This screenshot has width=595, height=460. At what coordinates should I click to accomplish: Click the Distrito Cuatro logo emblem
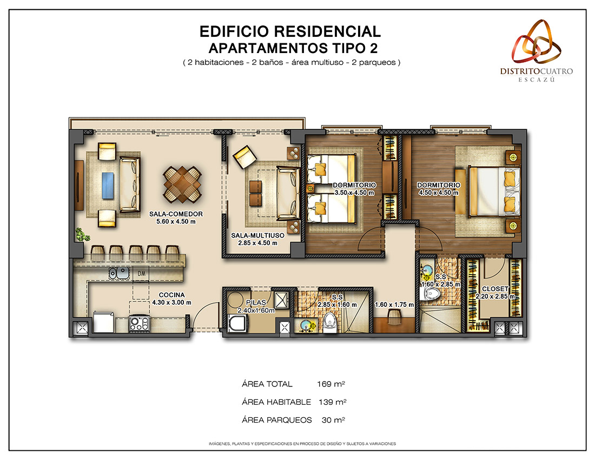(x=536, y=42)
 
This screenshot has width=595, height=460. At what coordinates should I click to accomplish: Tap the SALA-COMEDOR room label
(x=176, y=214)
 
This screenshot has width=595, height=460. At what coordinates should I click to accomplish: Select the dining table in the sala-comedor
(x=182, y=185)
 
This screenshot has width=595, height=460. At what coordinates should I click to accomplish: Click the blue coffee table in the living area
(x=108, y=185)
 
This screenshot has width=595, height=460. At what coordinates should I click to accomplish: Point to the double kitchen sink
(x=119, y=273)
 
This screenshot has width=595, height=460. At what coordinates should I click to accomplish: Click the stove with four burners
(x=139, y=324)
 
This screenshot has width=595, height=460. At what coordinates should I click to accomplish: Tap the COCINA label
(x=171, y=295)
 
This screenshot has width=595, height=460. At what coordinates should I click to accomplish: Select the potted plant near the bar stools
(x=82, y=234)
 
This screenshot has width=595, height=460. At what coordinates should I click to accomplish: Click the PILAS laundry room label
(x=256, y=303)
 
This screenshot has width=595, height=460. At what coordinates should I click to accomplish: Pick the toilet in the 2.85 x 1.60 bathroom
(x=330, y=324)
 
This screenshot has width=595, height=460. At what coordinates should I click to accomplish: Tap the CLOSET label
(x=495, y=289)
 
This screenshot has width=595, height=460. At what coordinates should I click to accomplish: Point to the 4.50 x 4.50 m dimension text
(x=439, y=193)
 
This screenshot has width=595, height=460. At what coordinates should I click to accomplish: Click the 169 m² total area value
(x=331, y=384)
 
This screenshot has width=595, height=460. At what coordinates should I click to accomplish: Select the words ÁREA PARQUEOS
(x=276, y=420)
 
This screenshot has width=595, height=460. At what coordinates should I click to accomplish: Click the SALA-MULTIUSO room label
(x=257, y=236)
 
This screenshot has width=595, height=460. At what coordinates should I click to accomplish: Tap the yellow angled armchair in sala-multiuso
(x=244, y=157)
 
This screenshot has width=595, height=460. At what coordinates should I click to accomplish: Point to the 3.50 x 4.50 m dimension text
(x=354, y=193)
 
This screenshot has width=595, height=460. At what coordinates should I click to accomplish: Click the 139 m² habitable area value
(x=333, y=402)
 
